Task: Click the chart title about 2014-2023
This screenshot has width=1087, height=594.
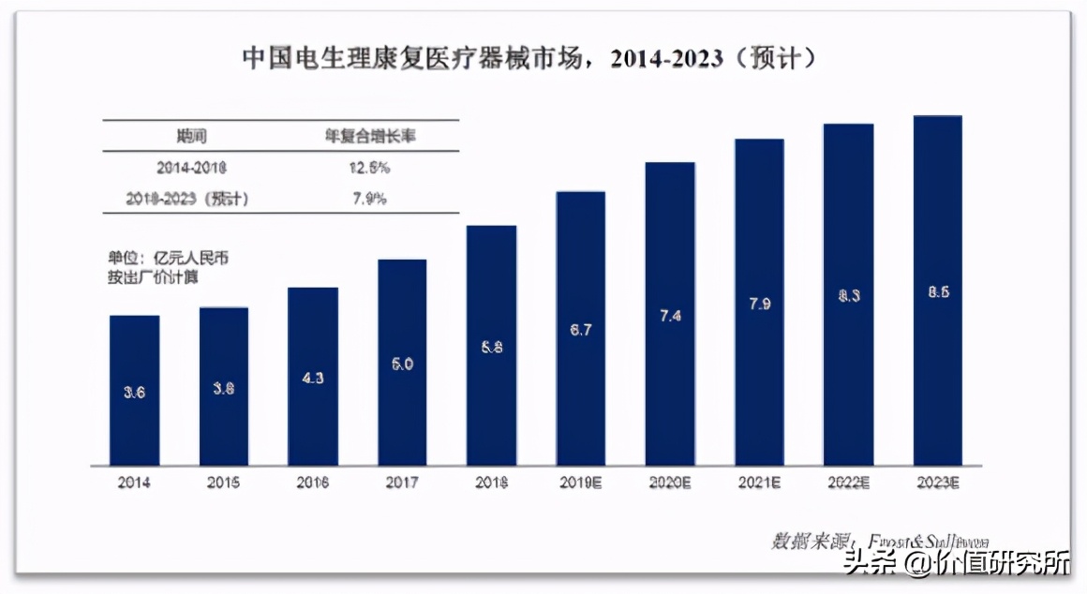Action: tap(530, 59)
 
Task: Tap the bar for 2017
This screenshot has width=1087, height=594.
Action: tap(402, 362)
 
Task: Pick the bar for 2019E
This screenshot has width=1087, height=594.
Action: tap(580, 328)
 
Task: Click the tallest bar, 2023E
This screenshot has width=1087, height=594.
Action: tap(937, 290)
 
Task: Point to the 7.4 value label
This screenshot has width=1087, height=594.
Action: tap(670, 316)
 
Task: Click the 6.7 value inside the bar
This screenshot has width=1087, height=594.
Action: tap(580, 330)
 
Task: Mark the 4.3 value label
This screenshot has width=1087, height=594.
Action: tap(313, 378)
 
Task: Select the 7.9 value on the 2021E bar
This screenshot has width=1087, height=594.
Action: tap(759, 304)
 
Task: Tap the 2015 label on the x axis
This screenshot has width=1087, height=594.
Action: tap(223, 483)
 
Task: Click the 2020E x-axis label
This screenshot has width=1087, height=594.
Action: tap(670, 483)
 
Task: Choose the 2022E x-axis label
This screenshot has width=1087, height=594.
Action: tap(848, 483)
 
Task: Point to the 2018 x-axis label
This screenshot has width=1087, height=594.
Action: tap(491, 483)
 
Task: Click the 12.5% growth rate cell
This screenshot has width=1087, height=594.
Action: tap(370, 168)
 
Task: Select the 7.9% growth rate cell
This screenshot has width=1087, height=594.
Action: tap(370, 199)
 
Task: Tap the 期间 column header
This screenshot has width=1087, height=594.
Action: tap(191, 136)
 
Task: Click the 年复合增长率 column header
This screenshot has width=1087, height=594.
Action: tap(370, 136)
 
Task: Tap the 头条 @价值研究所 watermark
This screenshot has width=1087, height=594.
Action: tap(956, 564)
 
